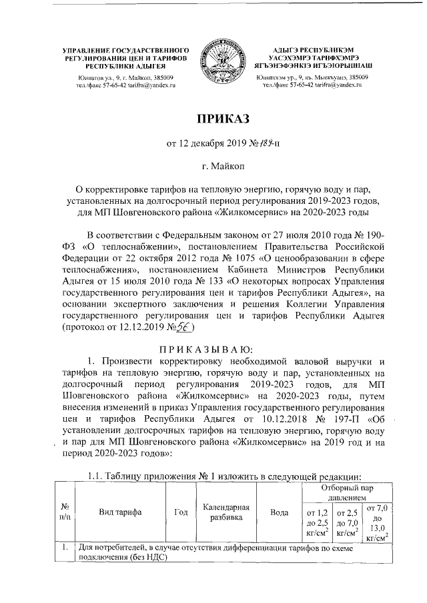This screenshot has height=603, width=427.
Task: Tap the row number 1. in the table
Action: pos(65,548)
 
